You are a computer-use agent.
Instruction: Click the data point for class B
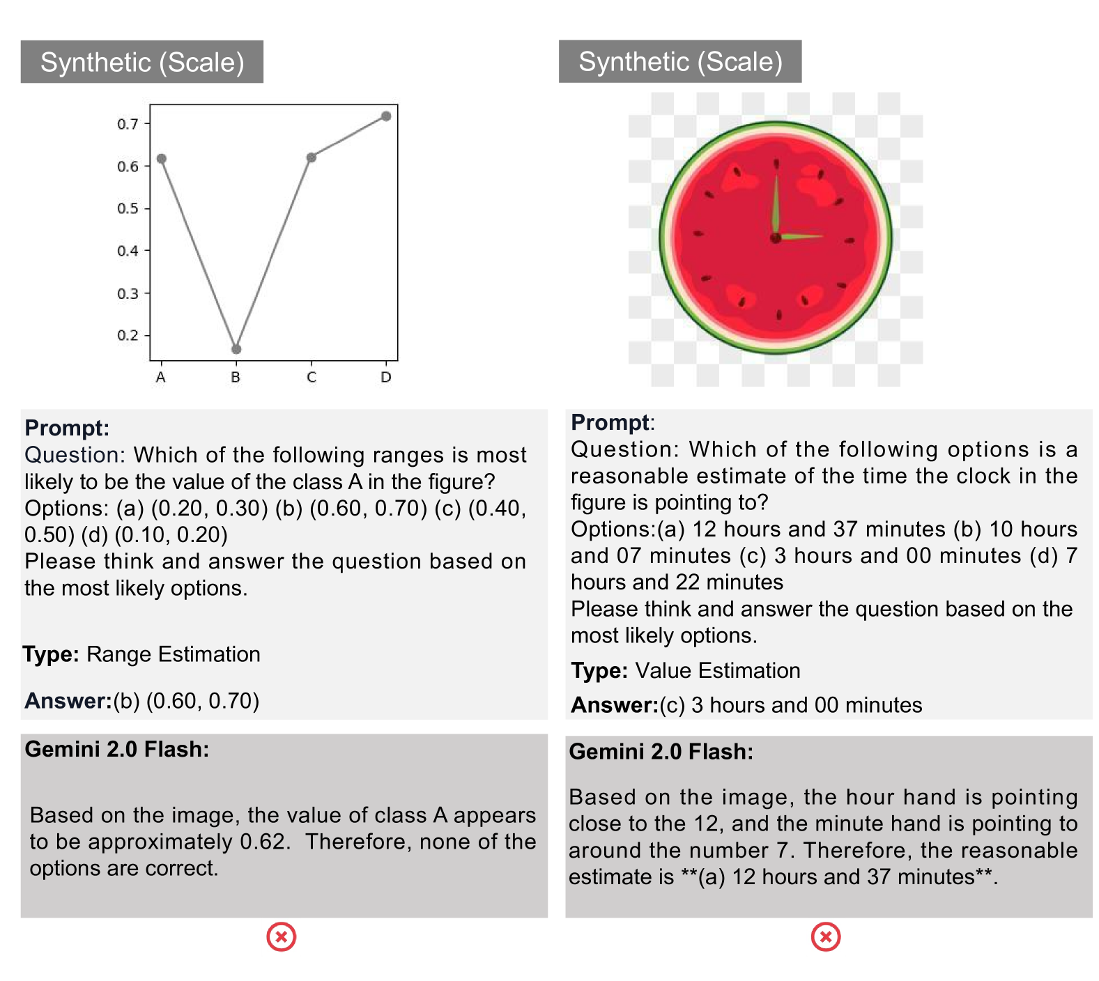click(236, 349)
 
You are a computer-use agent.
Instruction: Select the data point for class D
click(386, 116)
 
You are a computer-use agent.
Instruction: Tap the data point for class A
click(162, 159)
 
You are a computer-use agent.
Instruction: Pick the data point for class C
click(312, 157)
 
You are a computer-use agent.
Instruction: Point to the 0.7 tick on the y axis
click(128, 124)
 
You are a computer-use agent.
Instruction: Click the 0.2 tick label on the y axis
click(128, 335)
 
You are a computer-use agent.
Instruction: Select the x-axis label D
click(386, 378)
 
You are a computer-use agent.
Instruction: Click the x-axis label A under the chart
click(161, 378)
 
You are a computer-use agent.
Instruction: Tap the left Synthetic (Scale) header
click(142, 62)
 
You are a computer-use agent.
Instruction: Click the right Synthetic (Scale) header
click(680, 61)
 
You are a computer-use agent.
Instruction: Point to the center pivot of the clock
click(776, 238)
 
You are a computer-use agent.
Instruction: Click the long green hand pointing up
click(776, 202)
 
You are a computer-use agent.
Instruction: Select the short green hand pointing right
click(801, 237)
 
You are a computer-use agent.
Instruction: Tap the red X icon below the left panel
click(282, 937)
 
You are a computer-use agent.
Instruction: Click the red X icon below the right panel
click(826, 937)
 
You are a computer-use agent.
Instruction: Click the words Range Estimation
click(173, 654)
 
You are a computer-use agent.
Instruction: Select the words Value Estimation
click(717, 670)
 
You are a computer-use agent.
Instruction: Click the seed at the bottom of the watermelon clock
click(779, 315)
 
